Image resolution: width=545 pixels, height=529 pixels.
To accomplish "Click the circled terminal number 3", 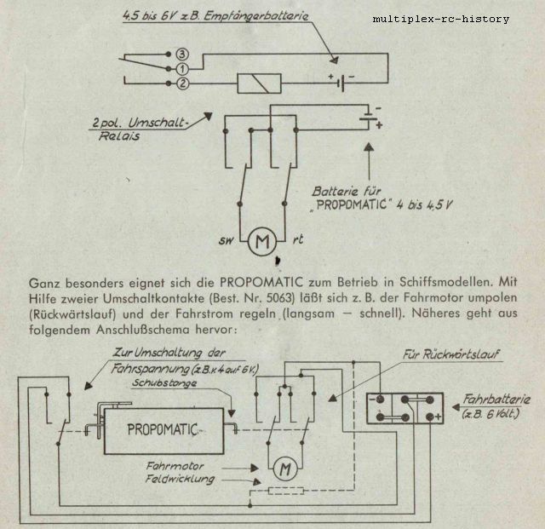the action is click(x=182, y=55).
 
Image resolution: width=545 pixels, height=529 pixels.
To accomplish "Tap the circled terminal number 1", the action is click(x=182, y=69).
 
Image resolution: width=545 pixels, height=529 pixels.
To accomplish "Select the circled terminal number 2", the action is click(x=183, y=83).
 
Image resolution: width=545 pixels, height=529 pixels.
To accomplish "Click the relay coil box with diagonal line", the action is click(x=259, y=83).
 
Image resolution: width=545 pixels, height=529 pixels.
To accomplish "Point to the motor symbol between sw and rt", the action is click(x=262, y=241).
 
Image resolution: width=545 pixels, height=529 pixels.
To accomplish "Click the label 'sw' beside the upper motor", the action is click(x=227, y=240).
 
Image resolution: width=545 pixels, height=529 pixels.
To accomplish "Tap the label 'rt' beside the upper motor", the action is click(x=297, y=239).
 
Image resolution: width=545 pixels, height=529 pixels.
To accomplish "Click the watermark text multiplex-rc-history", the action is click(x=441, y=19).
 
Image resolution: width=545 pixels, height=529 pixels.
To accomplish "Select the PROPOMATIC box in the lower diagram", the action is click(x=163, y=431).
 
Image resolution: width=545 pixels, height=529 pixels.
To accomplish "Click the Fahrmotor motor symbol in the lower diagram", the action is click(x=285, y=469).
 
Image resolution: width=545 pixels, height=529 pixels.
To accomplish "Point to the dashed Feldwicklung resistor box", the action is click(x=286, y=491).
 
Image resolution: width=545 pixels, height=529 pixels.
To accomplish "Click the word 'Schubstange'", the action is click(x=164, y=383).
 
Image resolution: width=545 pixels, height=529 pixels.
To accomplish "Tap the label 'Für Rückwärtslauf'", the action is click(x=450, y=354).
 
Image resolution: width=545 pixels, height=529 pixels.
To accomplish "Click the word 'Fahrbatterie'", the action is click(x=496, y=399).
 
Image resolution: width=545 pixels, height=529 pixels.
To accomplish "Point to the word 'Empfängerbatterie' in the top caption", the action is click(x=255, y=17).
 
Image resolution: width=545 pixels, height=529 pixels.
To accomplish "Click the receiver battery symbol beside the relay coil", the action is click(x=341, y=83).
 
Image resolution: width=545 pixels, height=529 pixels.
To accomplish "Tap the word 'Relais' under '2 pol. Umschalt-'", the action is click(x=119, y=136).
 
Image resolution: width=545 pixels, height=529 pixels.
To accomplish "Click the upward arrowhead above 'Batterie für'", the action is click(x=369, y=147).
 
